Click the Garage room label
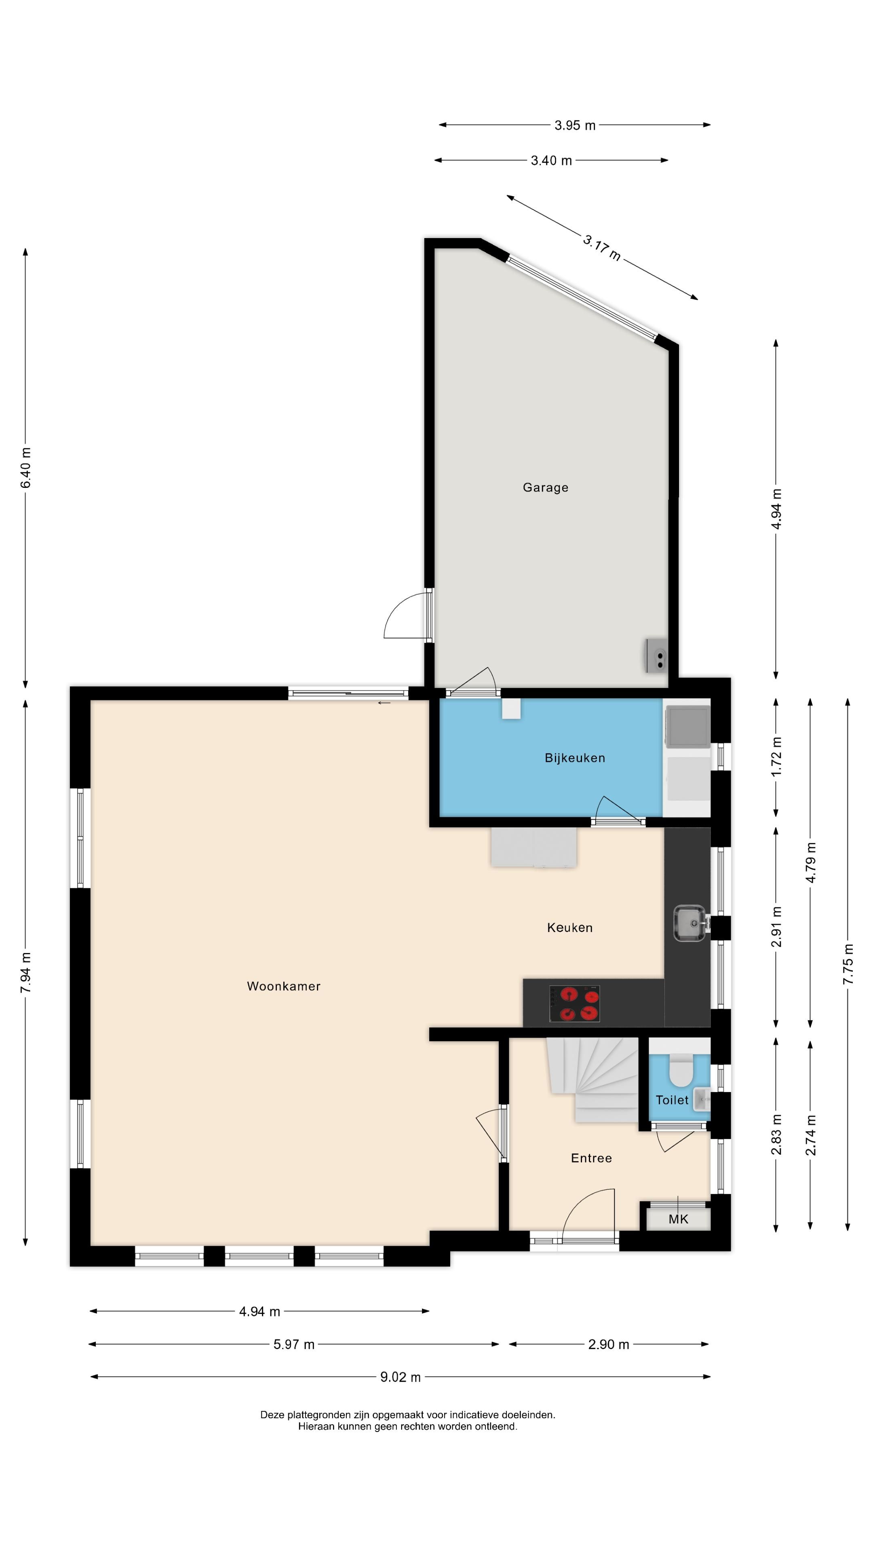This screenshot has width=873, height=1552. [545, 487]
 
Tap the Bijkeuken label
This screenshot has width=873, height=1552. [575, 758]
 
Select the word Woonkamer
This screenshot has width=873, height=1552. [284, 986]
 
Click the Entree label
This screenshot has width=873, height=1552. [591, 1158]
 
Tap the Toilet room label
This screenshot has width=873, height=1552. [672, 1100]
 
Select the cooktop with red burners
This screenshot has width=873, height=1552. [574, 1004]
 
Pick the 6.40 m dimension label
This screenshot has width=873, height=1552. [25, 468]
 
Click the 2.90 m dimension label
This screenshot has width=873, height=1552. [609, 1344]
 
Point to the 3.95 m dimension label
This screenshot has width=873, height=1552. [575, 125]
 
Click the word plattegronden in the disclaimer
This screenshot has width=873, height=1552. [319, 1415]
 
